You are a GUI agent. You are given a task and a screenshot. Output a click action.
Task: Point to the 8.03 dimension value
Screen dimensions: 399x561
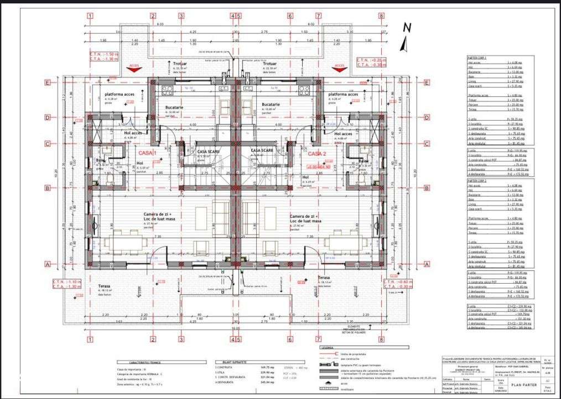(x=160, y=24)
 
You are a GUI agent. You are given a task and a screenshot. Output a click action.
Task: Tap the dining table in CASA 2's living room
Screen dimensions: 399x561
(x=344, y=242)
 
